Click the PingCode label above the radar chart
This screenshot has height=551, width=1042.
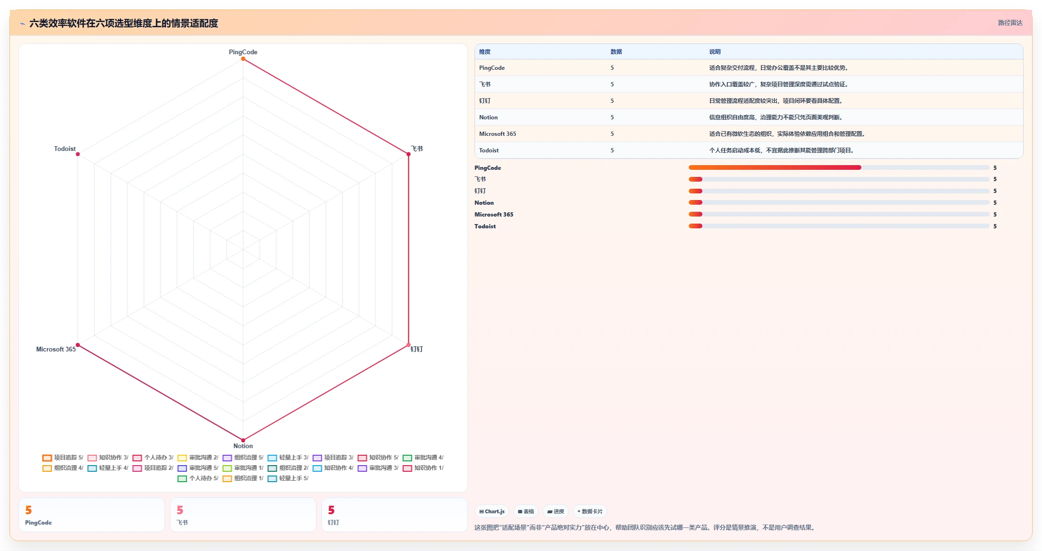pos(243,52)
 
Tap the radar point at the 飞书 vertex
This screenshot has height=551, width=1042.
pos(408,154)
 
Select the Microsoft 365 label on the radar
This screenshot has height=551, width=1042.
pos(56,349)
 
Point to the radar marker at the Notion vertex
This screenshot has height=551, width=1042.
pos(243,440)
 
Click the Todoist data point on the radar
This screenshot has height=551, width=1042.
pos(78,154)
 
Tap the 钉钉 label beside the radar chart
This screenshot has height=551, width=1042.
pos(417,349)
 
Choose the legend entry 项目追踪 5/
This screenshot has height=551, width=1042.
pos(63,458)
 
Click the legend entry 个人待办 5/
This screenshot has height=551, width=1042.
pos(198,478)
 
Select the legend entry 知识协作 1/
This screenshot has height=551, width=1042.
pos(423,468)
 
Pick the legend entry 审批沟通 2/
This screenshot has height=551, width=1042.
pos(198,458)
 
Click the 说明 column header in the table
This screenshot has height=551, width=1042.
pos(715,52)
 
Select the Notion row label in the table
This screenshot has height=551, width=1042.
pos(488,117)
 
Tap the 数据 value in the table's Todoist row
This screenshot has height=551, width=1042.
pos(612,150)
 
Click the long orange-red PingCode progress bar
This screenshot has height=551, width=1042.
pos(775,167)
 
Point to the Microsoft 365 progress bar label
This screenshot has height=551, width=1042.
pos(494,215)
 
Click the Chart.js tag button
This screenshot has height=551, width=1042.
pos(492,511)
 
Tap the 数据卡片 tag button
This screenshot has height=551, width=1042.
pos(590,511)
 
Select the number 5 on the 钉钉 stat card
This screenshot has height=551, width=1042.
pos(331,510)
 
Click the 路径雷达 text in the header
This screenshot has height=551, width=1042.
pos(1010,23)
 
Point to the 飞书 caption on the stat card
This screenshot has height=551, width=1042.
pos(182,523)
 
